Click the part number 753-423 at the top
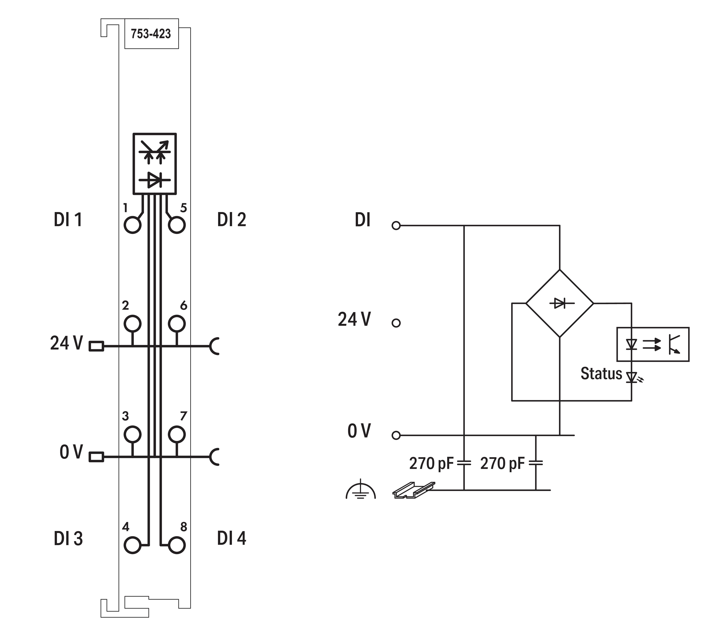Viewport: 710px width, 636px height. tap(151, 34)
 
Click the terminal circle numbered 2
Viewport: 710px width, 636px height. tap(133, 324)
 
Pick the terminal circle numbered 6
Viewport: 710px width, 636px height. tap(177, 324)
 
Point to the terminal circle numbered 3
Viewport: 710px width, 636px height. tap(133, 434)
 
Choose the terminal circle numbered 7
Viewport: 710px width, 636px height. tap(177, 434)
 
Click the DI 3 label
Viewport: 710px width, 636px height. tap(68, 538)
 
